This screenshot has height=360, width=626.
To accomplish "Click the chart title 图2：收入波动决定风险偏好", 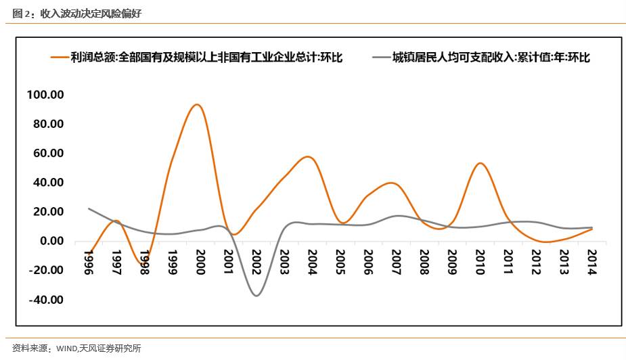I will [x=77, y=14].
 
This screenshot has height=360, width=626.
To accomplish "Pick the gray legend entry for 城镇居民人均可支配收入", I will [x=480, y=58].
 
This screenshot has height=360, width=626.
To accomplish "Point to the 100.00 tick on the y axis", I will [x=45, y=95].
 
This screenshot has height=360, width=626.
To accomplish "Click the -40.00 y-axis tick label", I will [x=45, y=300].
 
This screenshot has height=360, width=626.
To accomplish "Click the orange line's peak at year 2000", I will [x=197, y=104].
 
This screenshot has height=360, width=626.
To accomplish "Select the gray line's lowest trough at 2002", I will [x=256, y=295].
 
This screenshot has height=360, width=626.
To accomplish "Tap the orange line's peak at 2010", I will [x=479, y=163].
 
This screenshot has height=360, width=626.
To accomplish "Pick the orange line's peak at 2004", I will [x=309, y=157].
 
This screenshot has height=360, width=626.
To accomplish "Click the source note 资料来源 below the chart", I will [x=34, y=348].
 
